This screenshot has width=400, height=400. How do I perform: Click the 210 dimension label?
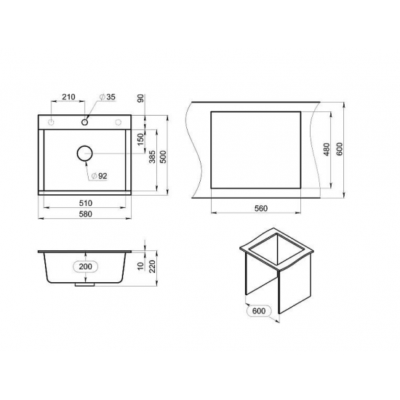coord(68,97)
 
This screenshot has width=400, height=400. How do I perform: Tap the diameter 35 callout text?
coord(108,97)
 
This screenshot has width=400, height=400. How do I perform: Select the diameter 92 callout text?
coord(100,176)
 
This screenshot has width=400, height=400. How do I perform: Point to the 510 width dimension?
coord(86,204)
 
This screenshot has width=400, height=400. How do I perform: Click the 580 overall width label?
coord(86,214)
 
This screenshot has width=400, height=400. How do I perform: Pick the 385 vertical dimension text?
coord(152,157)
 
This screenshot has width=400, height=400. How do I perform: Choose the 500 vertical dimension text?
coord(163,157)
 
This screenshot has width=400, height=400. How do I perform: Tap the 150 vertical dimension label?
coord(140,140)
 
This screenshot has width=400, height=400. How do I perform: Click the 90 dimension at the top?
coord(140,98)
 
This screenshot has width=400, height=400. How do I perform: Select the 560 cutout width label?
coord(261,209)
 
